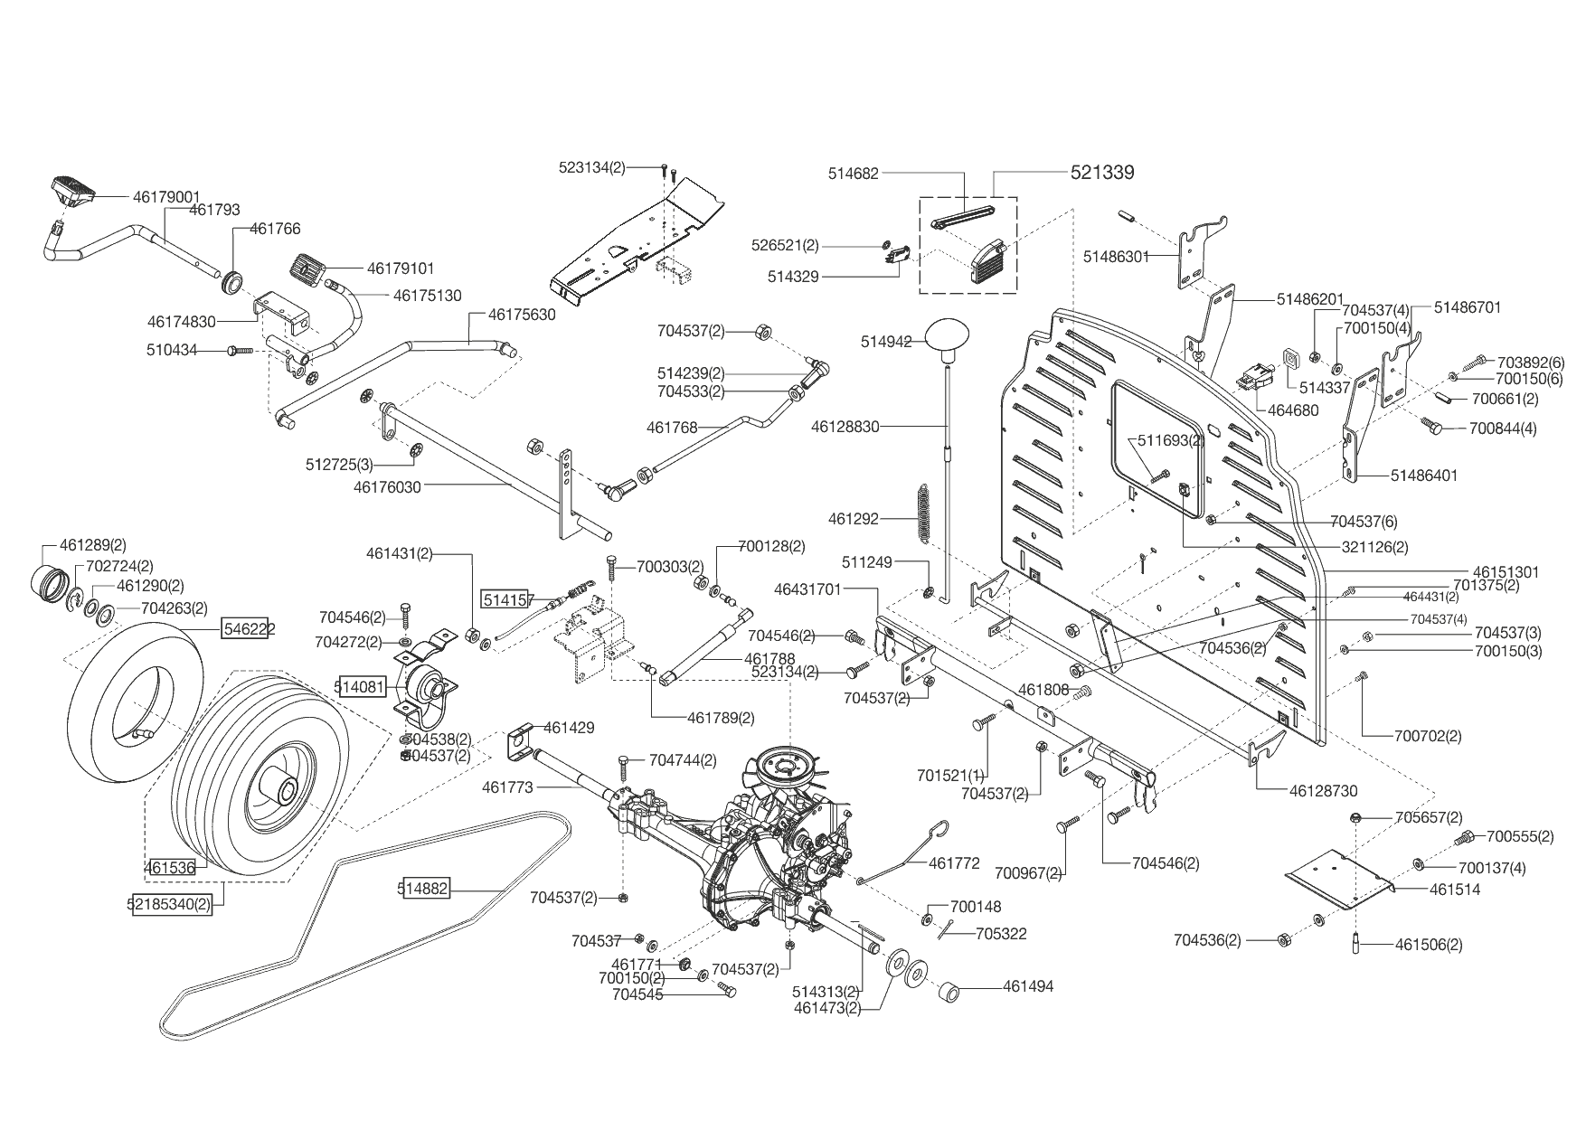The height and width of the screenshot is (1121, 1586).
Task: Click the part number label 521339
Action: [1102, 172]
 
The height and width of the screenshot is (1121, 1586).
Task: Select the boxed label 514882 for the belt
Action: [423, 889]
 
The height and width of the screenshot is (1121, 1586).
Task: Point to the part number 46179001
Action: [166, 196]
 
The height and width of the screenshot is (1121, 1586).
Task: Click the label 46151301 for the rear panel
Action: [1506, 571]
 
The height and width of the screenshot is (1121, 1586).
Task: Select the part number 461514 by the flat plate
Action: [1455, 889]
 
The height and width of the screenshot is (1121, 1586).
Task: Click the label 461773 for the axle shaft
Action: [507, 787]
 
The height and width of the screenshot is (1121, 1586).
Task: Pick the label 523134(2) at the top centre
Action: [592, 167]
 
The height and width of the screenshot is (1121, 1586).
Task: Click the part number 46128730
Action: [1324, 790]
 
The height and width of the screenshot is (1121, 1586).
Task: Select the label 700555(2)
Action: [1520, 836]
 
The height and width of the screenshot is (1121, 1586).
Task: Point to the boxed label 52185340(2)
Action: [173, 903]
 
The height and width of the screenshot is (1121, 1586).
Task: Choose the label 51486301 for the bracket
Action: [1116, 257]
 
